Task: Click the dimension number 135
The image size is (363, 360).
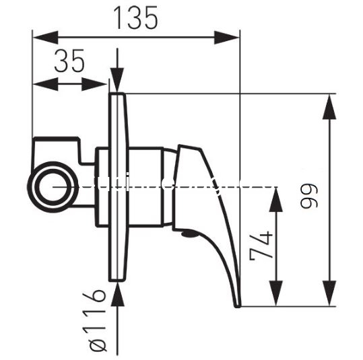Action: (x=136, y=18)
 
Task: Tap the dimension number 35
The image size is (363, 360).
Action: (x=69, y=61)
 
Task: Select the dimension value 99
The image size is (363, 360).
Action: (x=309, y=196)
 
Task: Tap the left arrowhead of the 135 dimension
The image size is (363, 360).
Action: (x=45, y=37)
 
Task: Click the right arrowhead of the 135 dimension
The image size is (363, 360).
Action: (x=227, y=37)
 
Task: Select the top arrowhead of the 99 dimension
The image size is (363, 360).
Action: (x=329, y=106)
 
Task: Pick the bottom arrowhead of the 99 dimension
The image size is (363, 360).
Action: (x=329, y=293)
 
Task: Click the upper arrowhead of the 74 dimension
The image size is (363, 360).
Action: (x=276, y=199)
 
